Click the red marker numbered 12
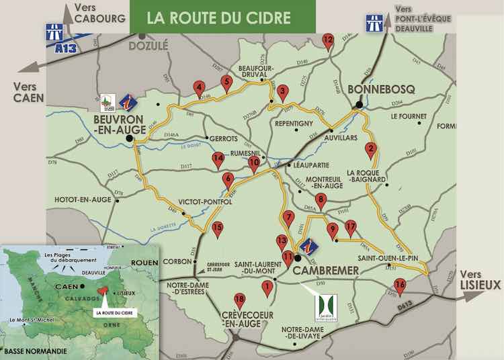[x=328, y=42]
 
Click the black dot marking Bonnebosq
[x=360, y=105]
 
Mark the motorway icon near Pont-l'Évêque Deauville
[x=375, y=23]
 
